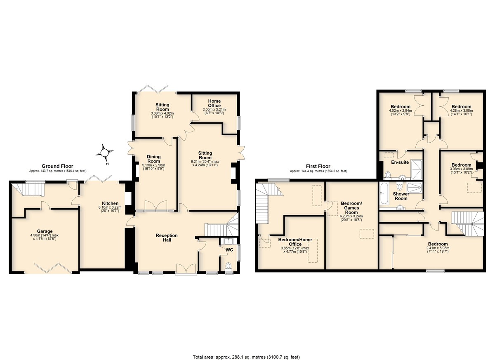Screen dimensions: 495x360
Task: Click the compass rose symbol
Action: click(x=104, y=153)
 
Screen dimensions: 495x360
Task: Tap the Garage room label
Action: click(x=45, y=231)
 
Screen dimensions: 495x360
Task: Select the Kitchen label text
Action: click(x=110, y=203)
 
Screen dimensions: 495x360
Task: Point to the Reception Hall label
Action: click(x=167, y=238)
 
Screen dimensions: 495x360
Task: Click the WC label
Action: click(x=229, y=250)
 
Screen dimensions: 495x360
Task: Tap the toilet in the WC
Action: click(x=229, y=266)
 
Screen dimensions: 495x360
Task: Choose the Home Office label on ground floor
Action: click(x=214, y=103)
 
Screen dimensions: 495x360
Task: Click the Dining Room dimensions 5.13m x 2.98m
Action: click(x=153, y=165)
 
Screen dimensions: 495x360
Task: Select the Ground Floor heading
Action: click(x=57, y=166)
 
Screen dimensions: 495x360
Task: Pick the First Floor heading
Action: click(x=318, y=166)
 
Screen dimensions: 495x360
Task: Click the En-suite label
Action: click(x=400, y=162)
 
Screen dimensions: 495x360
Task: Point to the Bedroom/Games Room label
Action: click(x=351, y=208)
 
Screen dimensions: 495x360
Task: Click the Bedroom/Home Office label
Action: click(x=295, y=242)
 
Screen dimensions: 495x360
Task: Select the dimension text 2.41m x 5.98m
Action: click(x=438, y=248)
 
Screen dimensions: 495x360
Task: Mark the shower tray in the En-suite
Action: click(x=417, y=169)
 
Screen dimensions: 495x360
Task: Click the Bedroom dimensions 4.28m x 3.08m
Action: click(x=461, y=111)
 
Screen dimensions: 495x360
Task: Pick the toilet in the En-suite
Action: click(x=387, y=175)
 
